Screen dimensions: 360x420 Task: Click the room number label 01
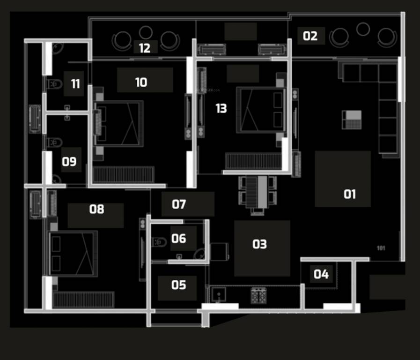pyautogui.click(x=350, y=194)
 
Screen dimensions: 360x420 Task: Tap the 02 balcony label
pyautogui.click(x=310, y=36)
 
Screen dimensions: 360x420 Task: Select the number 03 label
pyautogui.click(x=259, y=244)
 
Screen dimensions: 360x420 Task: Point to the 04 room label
pyautogui.click(x=321, y=274)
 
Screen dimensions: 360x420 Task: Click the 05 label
pyautogui.click(x=178, y=285)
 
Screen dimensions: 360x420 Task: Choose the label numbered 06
pyautogui.click(x=178, y=239)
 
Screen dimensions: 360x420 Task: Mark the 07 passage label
pyautogui.click(x=179, y=204)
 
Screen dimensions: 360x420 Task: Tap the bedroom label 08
pyautogui.click(x=96, y=209)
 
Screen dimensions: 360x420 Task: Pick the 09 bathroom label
pyautogui.click(x=69, y=162)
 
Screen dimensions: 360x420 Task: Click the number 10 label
pyautogui.click(x=141, y=82)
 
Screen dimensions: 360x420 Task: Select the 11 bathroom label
pyautogui.click(x=75, y=84)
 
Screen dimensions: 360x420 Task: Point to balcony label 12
pyautogui.click(x=145, y=48)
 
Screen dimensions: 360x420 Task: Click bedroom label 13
pyautogui.click(x=221, y=109)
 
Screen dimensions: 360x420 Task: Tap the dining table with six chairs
pyautogui.click(x=257, y=192)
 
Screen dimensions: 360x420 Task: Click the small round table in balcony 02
pyautogui.click(x=363, y=30)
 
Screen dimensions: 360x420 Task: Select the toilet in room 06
pyautogui.click(x=159, y=242)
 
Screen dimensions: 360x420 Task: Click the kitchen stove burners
pyautogui.click(x=258, y=295)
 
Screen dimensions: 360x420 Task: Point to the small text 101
pyautogui.click(x=381, y=248)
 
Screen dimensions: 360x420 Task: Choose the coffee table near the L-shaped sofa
pyautogui.click(x=352, y=120)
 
